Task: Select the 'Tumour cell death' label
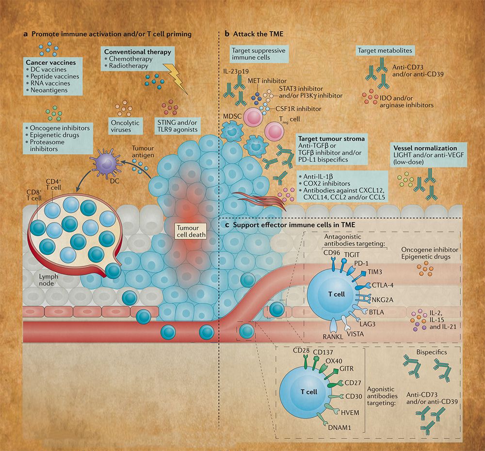[191, 231]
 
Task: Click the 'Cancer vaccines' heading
[47, 62]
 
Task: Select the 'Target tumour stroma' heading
[332, 139]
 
